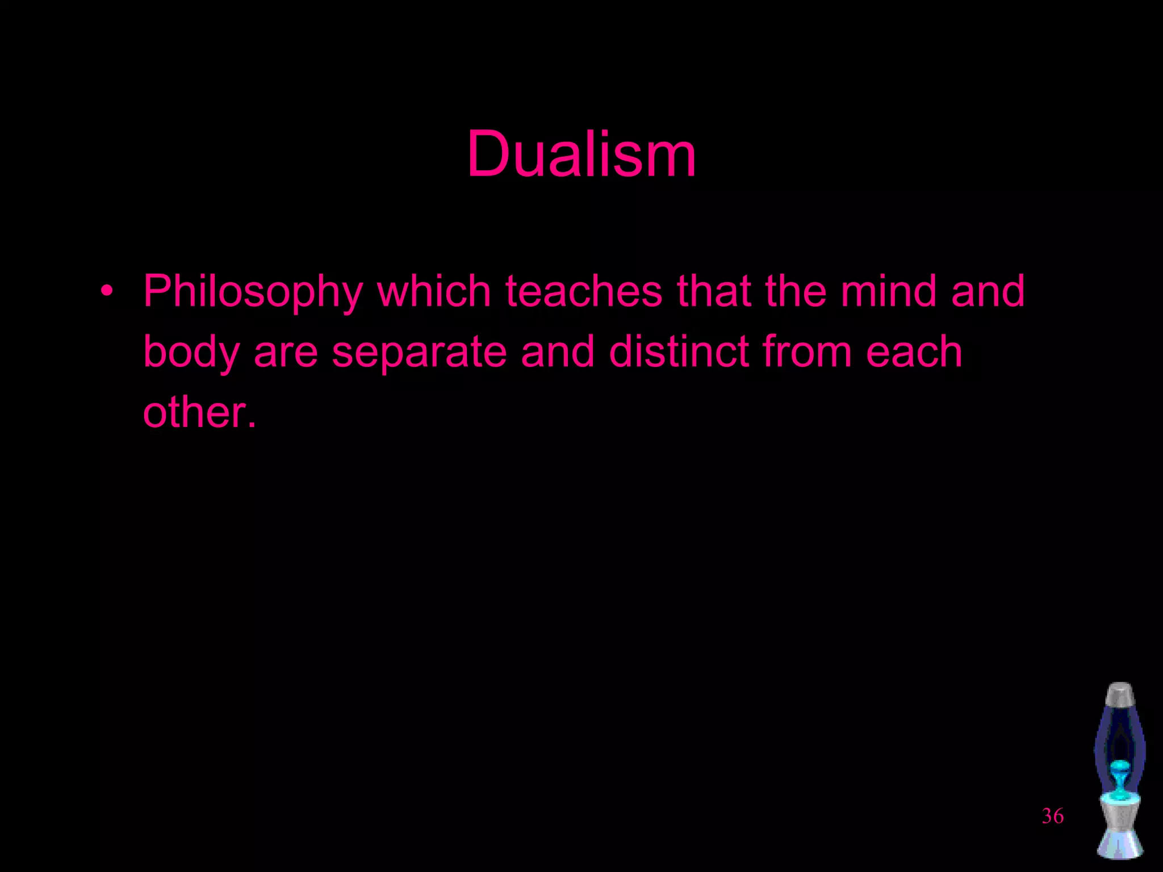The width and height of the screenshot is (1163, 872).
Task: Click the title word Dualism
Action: coord(581,154)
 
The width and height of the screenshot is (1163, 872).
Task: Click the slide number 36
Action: coord(1052,816)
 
